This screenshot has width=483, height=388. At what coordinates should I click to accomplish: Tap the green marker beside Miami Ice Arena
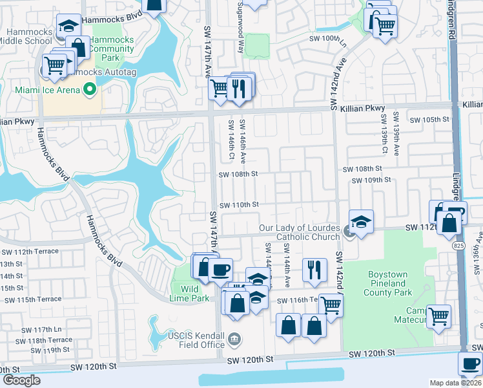(x=90, y=89)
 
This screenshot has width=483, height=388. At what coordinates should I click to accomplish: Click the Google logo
(x=21, y=380)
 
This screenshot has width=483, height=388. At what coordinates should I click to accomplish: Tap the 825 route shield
(x=459, y=246)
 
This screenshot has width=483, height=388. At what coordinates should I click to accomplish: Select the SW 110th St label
(x=239, y=204)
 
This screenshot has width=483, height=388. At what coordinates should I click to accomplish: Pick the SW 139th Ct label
(x=384, y=134)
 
